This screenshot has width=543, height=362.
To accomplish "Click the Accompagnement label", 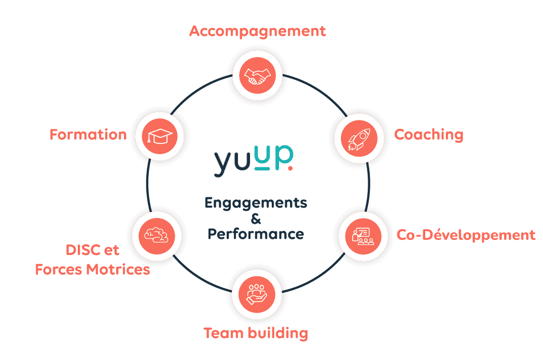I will coord(258,31).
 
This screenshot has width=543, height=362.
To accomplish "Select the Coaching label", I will coord(429,135).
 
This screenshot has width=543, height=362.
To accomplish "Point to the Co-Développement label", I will coord(466,235).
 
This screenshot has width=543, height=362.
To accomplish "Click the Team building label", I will coord(256,332).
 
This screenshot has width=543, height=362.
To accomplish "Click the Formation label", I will coord(88,135).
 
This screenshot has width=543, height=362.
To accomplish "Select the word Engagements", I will coord(256,203).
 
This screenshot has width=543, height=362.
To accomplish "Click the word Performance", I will coord(256,234).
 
